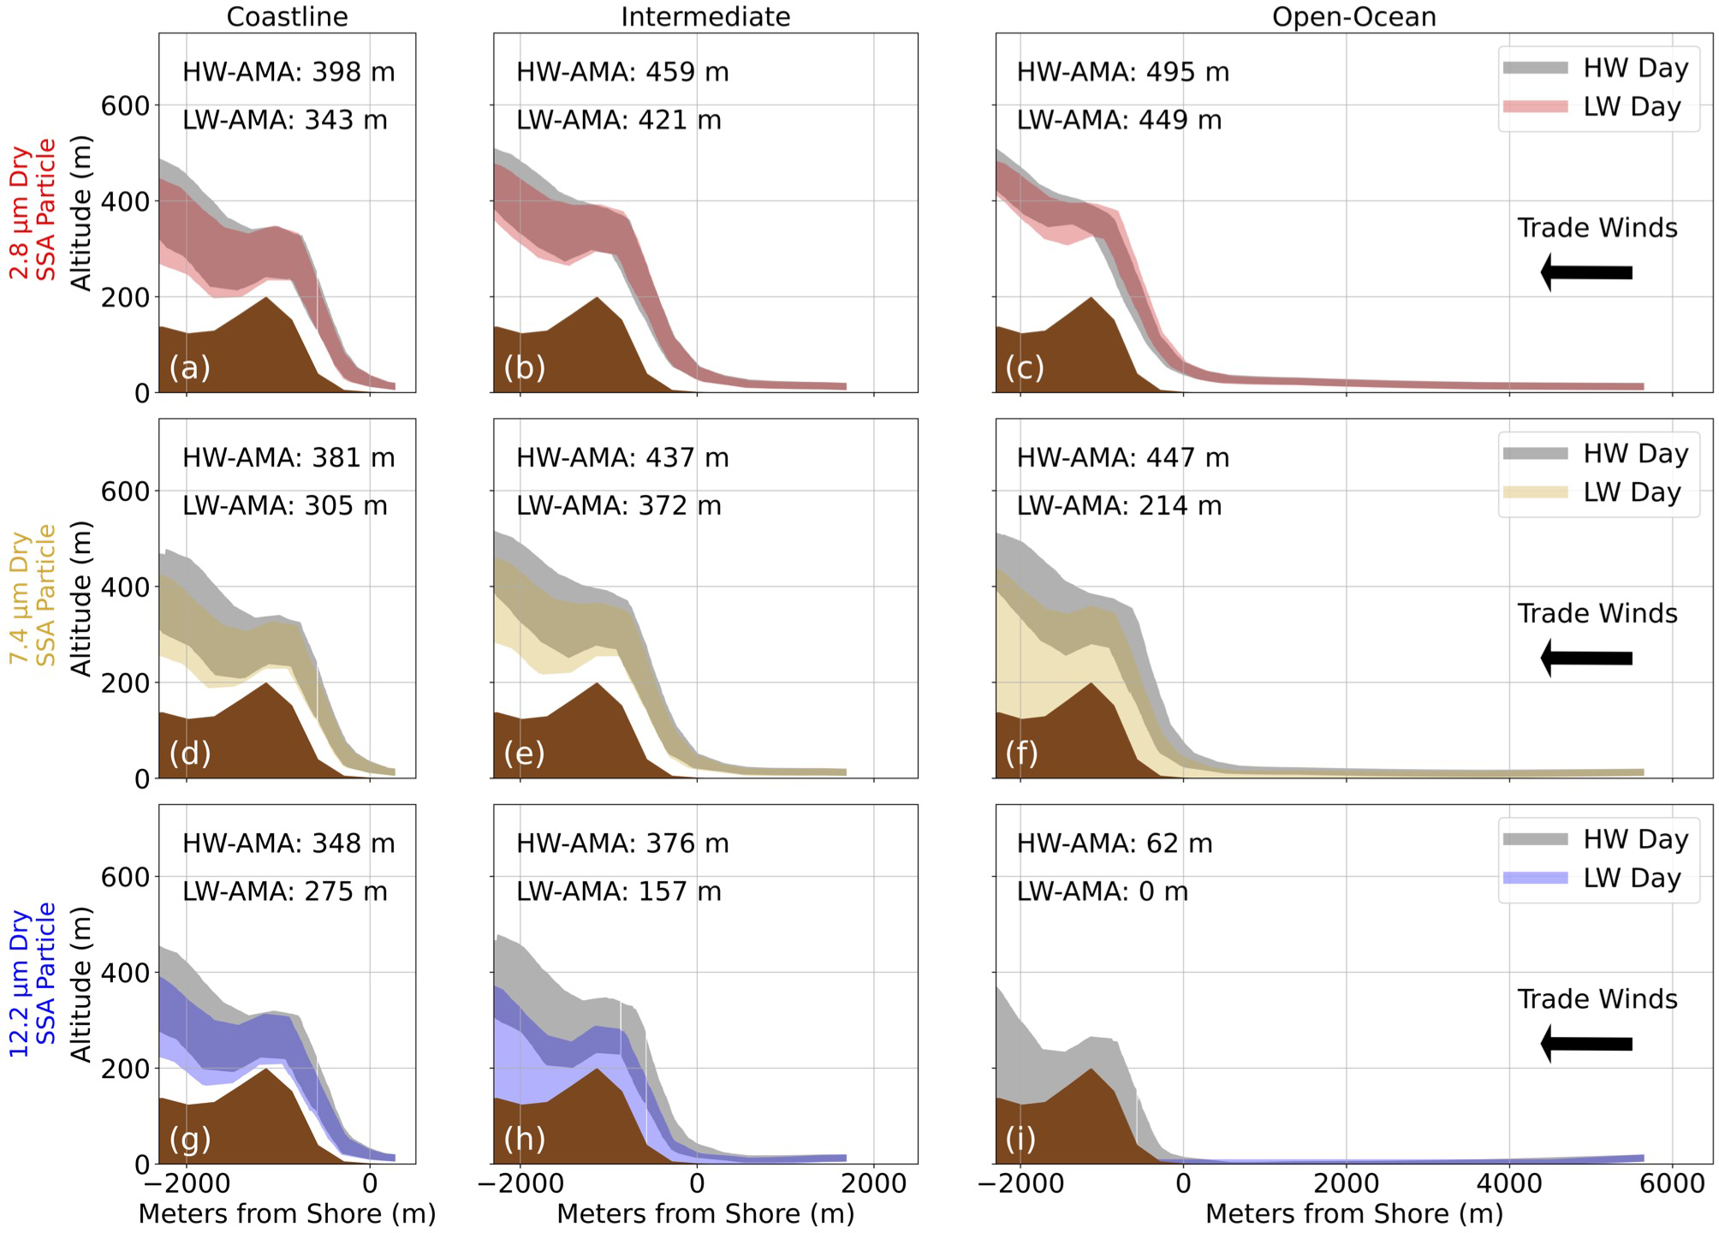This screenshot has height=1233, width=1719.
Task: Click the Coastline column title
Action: coord(287,17)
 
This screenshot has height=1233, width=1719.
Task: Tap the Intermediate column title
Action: coord(705,17)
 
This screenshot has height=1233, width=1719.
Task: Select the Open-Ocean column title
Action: coord(1353,17)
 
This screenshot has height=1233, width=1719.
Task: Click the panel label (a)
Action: coord(189,367)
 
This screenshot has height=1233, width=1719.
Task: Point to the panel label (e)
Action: coord(524,753)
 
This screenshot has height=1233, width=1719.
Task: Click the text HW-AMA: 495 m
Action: coord(1122,72)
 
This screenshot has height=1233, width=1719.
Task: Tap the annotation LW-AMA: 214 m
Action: coord(1119,506)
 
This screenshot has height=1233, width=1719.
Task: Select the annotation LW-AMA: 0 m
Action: coord(1102,891)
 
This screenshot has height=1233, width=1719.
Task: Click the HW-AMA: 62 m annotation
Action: coord(1114,843)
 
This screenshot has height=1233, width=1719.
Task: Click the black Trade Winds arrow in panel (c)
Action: coord(1585,273)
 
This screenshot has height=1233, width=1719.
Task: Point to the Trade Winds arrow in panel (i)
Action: coord(1585,1045)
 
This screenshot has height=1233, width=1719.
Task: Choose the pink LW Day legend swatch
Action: coord(1535,107)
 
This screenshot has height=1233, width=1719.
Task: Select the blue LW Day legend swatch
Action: coord(1535,879)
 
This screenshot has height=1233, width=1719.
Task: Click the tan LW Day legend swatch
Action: coord(1535,492)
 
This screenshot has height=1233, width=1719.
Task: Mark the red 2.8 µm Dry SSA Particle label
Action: coord(33,211)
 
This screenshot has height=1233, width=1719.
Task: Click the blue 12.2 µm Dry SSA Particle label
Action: coord(33,981)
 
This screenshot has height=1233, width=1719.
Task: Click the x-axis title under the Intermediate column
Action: coord(705,1214)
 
